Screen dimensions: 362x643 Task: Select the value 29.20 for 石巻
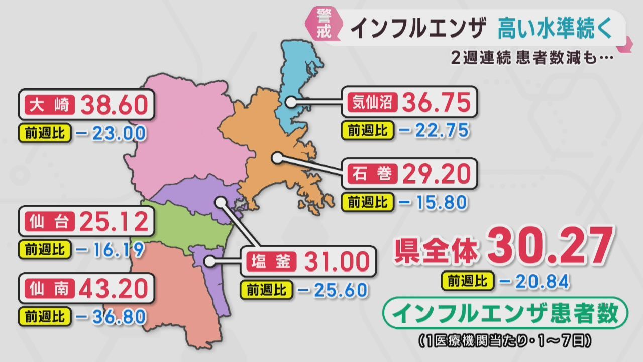(x=436, y=175)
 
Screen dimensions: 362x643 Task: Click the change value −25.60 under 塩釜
(x=332, y=290)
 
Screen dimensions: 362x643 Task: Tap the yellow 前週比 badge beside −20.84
(x=468, y=281)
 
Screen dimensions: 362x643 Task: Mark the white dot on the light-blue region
(x=291, y=102)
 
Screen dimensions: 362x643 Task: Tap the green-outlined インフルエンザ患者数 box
(x=506, y=314)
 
